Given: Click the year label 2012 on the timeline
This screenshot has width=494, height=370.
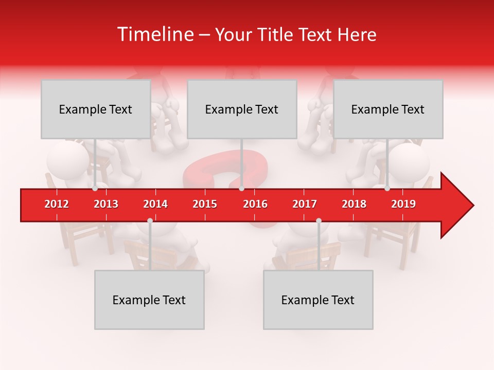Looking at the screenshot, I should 57,204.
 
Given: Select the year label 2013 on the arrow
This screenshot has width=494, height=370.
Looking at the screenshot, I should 106,204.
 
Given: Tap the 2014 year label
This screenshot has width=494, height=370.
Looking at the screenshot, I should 155,204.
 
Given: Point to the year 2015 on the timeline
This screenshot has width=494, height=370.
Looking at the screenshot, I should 205,204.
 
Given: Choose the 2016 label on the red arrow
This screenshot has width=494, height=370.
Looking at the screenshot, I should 255,204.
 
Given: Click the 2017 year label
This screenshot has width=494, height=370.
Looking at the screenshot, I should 305,204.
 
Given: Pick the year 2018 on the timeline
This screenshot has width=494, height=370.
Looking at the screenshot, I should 354,204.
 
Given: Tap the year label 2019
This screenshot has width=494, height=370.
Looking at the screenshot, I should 403,204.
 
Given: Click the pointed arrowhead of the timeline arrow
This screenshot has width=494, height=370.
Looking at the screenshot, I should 458,205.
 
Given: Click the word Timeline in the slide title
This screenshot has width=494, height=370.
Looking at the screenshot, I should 154,34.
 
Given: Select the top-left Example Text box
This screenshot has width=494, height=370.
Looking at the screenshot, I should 96,109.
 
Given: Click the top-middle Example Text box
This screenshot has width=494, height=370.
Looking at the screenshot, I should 242,109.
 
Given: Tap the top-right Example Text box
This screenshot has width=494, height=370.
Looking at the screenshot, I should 388,109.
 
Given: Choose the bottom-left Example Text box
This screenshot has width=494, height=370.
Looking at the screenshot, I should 149,300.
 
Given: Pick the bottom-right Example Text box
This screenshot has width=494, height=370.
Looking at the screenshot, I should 318,300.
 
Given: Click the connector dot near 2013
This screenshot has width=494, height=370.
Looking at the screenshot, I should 95,189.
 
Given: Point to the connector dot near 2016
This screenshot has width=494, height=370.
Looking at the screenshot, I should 241,189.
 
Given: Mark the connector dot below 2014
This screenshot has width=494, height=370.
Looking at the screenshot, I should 150,220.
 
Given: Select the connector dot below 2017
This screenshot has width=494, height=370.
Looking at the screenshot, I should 319,220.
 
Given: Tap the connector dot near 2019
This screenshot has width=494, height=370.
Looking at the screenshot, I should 387,189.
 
